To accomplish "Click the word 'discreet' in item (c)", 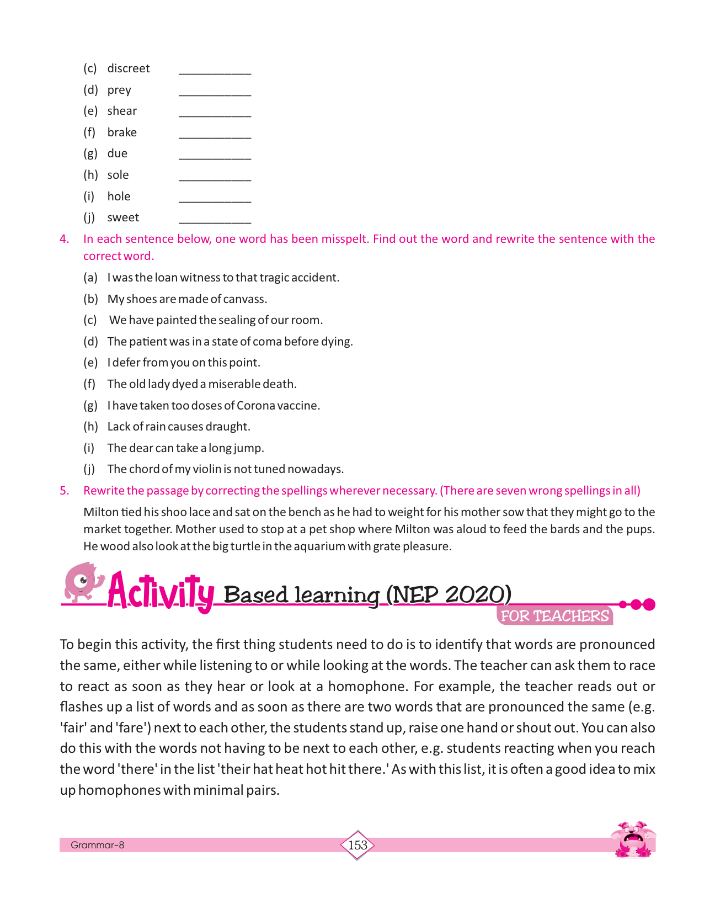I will click(128, 68).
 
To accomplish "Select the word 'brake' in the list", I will click(122, 132).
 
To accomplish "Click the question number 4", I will click(65, 239).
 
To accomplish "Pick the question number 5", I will click(65, 491).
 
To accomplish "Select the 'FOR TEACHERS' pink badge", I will click(554, 616).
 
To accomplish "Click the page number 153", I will click(357, 845).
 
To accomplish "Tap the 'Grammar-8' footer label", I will click(97, 845).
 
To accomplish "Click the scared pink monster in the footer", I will click(633, 839).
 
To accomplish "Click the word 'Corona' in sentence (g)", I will click(263, 406).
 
